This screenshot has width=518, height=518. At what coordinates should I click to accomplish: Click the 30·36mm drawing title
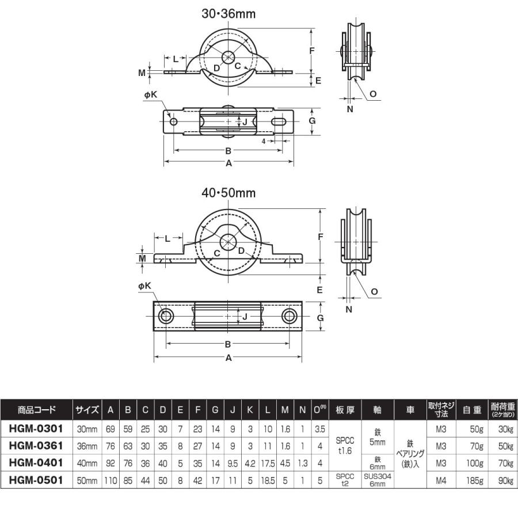(x=228, y=14)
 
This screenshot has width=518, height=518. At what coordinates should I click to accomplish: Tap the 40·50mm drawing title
(x=228, y=193)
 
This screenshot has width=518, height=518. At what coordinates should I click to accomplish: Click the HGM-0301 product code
(x=36, y=429)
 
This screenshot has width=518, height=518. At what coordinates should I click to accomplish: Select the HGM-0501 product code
(x=36, y=480)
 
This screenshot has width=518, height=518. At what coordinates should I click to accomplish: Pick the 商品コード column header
(x=36, y=410)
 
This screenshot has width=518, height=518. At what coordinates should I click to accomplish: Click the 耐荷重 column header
(x=503, y=409)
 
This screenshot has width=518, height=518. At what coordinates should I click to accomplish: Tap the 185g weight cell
(x=474, y=480)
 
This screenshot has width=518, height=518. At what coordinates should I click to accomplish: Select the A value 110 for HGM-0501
(x=111, y=480)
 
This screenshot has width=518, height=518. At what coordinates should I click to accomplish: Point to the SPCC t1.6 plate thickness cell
(x=345, y=445)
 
